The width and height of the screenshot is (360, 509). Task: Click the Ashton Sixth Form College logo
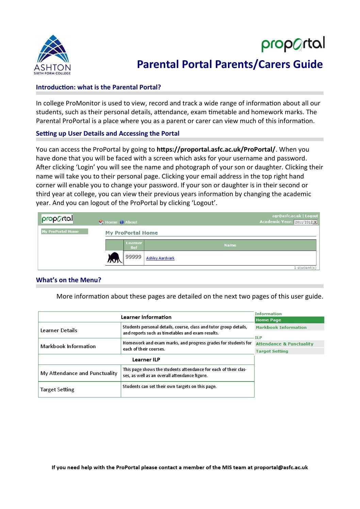52,54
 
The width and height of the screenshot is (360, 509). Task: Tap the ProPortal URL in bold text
216,149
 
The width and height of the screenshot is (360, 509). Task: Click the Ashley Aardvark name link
160,258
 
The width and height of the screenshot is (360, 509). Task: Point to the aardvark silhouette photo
114,258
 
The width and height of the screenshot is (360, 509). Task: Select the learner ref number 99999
133,257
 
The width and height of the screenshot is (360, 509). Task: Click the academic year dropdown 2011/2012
306,222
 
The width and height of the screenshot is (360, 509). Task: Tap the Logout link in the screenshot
311,216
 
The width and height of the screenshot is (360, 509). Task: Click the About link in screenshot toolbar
131,222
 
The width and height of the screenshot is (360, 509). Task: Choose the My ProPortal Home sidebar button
64,232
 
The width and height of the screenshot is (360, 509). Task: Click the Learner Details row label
59,330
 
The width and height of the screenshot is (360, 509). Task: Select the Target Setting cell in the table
57,389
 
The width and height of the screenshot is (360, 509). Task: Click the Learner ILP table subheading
146,359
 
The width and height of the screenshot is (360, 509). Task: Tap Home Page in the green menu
268,320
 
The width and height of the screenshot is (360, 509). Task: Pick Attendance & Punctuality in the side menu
284,344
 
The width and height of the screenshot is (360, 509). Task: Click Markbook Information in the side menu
281,327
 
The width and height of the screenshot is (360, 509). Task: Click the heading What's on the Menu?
68,280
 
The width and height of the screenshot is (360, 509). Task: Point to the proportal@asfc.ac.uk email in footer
281,467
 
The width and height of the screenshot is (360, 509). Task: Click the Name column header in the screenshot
230,245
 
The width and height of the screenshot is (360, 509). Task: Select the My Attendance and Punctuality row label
79,373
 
